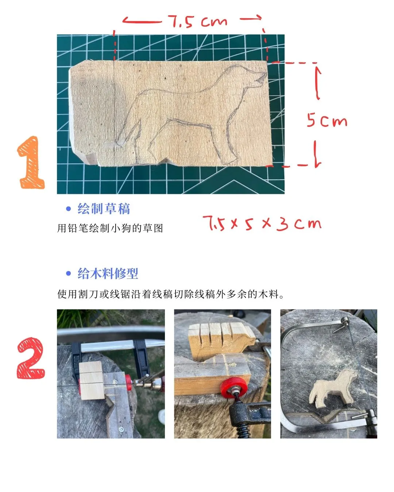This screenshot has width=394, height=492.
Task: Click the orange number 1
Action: [x=31, y=163]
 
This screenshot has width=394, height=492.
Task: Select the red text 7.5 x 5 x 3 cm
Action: [x=262, y=223]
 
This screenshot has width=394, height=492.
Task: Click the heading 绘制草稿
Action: [x=104, y=209]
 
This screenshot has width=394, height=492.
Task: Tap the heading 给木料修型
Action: [x=108, y=274]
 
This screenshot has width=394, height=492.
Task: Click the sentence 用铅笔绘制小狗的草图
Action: [x=110, y=229]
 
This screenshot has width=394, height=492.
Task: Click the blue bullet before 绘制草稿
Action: [x=68, y=209]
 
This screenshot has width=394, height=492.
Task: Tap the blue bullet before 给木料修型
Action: [x=68, y=274]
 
